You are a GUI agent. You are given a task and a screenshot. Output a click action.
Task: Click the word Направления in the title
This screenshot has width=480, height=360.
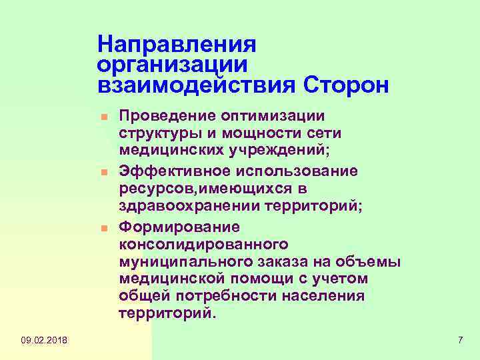177,45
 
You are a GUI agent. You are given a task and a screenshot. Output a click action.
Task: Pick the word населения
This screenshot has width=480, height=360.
323,295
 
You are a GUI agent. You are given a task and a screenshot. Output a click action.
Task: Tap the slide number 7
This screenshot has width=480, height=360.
460,341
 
